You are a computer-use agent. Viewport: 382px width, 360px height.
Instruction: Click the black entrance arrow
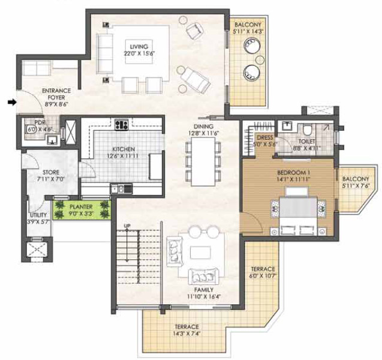[12, 103]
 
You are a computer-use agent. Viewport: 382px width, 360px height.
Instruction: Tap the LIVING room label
[139, 47]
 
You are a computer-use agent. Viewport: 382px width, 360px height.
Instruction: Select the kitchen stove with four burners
[122, 125]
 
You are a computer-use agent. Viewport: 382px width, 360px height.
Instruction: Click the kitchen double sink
[121, 189]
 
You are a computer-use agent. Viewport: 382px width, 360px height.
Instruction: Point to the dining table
[203, 161]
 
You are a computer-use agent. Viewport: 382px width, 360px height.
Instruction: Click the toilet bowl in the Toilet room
[308, 130]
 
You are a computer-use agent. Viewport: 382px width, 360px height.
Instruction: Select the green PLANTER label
[81, 207]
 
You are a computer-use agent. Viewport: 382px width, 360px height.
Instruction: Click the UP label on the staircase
[127, 226]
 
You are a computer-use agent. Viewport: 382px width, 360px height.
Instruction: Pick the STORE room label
[51, 172]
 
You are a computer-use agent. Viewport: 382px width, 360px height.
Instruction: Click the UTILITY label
[38, 215]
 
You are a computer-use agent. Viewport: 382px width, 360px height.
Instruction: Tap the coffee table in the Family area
[200, 253]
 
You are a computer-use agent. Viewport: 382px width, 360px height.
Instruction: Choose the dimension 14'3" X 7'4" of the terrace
[187, 334]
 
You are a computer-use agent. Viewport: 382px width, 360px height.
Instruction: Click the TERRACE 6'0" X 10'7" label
[263, 272]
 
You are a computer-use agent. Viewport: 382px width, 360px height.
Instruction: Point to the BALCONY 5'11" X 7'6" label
[356, 182]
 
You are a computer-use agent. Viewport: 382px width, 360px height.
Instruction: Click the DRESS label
[264, 138]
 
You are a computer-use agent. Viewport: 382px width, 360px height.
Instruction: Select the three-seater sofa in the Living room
[105, 53]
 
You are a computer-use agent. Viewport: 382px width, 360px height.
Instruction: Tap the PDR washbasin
[53, 140]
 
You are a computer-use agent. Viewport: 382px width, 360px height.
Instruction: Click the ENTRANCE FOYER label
[56, 94]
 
